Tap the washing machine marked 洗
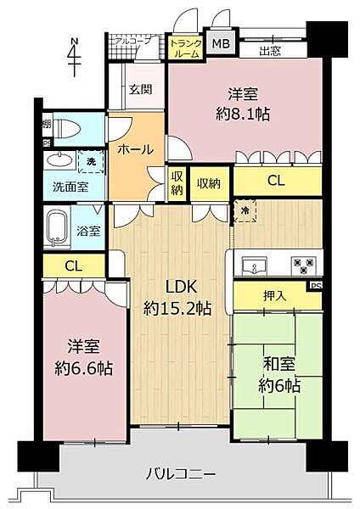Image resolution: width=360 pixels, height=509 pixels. pyautogui.click(x=89, y=160)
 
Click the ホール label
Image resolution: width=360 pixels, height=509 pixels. pyautogui.click(x=135, y=149)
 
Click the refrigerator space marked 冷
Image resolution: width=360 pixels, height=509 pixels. pyautogui.click(x=244, y=209)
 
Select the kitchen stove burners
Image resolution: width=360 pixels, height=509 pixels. pyautogui.click(x=301, y=264)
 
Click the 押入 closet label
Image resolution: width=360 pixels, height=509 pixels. pyautogui.click(x=273, y=295)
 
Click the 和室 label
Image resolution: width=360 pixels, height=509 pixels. pyautogui.click(x=277, y=366)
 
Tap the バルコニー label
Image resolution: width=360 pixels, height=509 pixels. pyautogui.click(x=180, y=473)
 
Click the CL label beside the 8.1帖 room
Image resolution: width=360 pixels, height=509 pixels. pyautogui.click(x=276, y=180)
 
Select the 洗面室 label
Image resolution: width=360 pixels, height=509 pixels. pyautogui.click(x=65, y=187)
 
